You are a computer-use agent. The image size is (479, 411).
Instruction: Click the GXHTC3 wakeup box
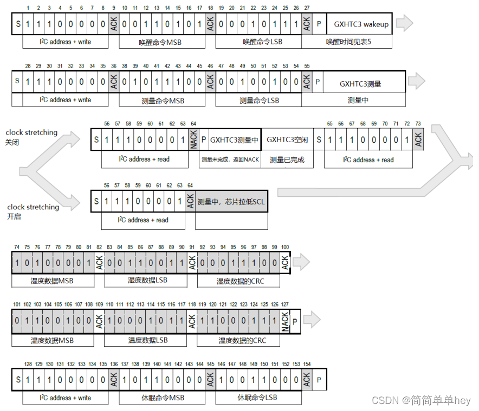361,24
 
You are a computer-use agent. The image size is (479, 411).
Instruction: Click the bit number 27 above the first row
307,8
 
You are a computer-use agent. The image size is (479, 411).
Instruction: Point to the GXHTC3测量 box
360,84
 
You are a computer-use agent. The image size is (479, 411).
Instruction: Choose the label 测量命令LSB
259,101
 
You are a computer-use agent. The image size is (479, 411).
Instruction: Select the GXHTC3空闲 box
287,140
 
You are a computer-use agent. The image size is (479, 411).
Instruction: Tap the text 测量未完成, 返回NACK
230,160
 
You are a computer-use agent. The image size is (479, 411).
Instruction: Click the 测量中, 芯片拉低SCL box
231,202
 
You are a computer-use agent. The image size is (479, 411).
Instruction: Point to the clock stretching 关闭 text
31,137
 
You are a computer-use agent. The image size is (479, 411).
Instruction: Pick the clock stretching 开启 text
33,211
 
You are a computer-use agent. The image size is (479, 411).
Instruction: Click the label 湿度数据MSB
52,281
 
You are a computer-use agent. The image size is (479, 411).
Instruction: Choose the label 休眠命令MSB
160,398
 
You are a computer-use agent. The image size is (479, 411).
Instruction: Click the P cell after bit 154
320,380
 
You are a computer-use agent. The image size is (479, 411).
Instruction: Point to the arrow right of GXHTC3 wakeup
405,24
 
